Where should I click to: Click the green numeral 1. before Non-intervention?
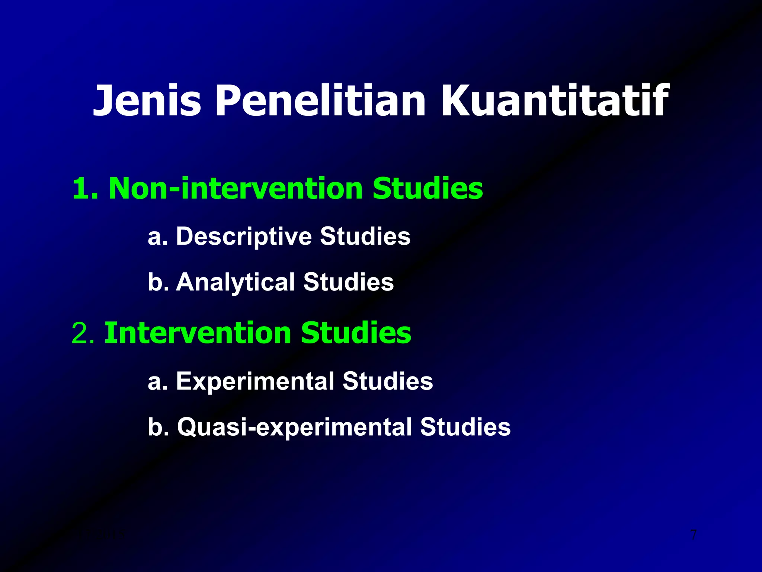click(85, 189)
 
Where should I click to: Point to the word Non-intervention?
click(235, 189)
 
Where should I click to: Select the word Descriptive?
click(244, 237)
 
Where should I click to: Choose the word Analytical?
click(235, 282)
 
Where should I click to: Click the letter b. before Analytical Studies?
click(157, 282)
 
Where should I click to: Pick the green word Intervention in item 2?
click(198, 333)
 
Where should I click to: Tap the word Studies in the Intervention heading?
click(356, 333)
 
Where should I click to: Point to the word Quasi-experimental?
click(294, 427)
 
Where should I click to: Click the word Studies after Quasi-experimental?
click(465, 427)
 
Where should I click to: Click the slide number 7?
click(694, 535)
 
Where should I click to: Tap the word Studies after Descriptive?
click(365, 237)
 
